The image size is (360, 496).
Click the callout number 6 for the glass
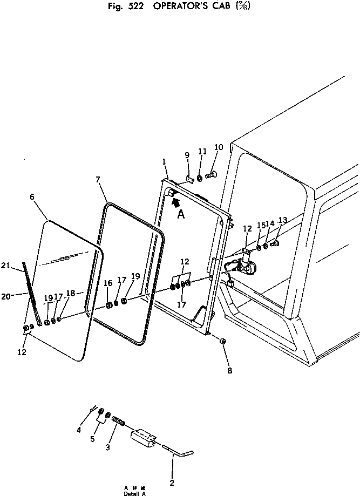(x=32, y=197)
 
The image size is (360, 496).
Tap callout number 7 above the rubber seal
(x=99, y=180)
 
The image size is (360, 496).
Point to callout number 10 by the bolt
(x=219, y=147)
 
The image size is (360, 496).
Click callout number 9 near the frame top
(x=187, y=155)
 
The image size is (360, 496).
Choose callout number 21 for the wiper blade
(x=21, y=265)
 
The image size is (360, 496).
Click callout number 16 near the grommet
(x=107, y=283)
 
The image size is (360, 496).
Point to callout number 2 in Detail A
(x=172, y=482)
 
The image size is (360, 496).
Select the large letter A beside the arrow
(x=181, y=214)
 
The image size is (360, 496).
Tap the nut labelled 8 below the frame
(x=222, y=342)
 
